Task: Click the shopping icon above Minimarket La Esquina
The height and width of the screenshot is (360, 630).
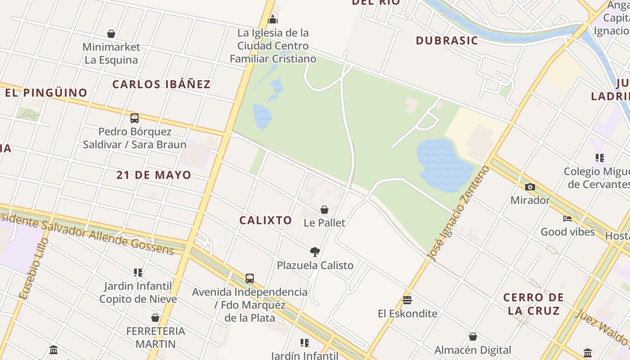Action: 111,34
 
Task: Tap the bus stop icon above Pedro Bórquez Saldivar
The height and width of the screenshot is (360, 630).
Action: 134,118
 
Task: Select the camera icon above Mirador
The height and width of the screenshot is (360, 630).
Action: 530,187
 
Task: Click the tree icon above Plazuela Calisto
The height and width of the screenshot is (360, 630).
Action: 315,252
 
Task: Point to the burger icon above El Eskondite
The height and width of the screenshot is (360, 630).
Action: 407,300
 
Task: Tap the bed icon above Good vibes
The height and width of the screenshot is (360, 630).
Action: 567,219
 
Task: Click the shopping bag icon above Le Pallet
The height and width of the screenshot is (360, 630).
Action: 324,210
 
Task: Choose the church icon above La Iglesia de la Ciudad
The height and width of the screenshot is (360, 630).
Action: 273,19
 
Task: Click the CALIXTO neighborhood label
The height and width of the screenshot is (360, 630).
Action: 265,220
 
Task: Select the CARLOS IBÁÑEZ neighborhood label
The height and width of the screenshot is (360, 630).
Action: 161,84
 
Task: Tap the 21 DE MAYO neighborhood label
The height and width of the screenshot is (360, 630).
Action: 153,175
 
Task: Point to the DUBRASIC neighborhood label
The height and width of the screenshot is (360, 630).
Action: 446,40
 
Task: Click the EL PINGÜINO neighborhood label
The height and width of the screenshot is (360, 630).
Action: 46,93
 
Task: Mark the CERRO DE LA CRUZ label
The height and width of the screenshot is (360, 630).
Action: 533,304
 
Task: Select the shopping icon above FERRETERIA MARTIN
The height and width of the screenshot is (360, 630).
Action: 155,318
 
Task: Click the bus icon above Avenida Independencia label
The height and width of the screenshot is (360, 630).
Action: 250,279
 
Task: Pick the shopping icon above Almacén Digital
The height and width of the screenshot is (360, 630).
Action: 473,337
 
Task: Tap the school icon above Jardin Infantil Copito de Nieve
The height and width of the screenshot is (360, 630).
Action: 138,272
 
